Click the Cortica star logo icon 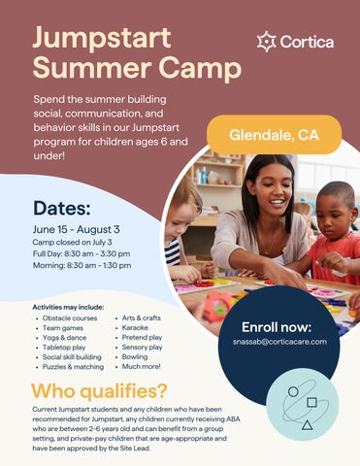[266, 42]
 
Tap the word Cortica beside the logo [307, 42]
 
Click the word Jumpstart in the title [102, 39]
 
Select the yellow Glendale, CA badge [274, 135]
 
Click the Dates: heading [61, 208]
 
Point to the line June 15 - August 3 [76, 229]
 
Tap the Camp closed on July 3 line [72, 242]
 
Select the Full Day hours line [82, 253]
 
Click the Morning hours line [82, 265]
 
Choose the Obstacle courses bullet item [70, 318]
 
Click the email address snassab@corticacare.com [279, 342]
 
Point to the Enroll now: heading [277, 327]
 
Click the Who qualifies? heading [99, 391]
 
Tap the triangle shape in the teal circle [307, 424]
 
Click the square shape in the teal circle [311, 402]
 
